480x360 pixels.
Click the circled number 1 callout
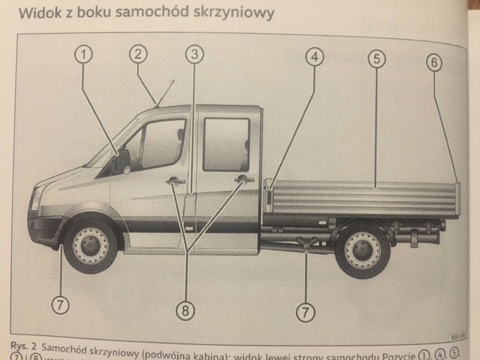83,54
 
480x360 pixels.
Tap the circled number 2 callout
137,53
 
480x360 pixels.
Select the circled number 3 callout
194,54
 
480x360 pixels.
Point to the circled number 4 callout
314,56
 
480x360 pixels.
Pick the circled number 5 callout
376,58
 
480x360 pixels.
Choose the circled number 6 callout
434,63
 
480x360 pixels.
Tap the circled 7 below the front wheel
61,304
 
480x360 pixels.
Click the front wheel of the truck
91,244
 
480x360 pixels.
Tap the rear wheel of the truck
362,250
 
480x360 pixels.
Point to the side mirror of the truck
123,160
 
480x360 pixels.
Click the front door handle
175,180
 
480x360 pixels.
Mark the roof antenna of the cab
164,92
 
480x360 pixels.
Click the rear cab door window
226,144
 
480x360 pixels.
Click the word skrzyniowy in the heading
232,13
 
